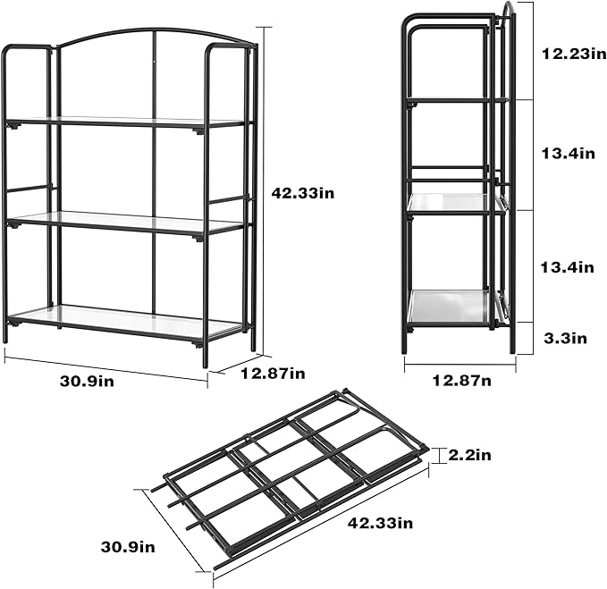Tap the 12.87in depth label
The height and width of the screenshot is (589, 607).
273,373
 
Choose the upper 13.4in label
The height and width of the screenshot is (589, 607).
569,154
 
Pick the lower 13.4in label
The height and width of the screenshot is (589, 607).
569,266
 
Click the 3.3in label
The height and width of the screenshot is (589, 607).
566,337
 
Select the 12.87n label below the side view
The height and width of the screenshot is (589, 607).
460,380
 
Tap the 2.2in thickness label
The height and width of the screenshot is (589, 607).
470,455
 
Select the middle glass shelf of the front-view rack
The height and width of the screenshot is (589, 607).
125,222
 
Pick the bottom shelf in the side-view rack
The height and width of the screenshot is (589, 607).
451,306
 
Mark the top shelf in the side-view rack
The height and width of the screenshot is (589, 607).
451,100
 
